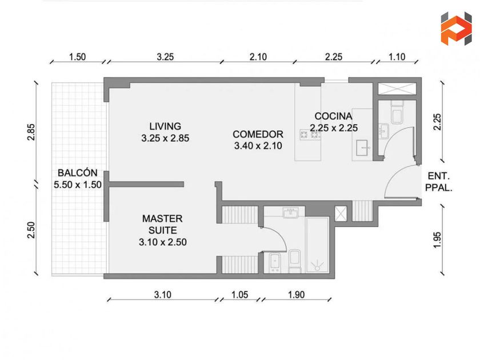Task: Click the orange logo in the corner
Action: [456, 29]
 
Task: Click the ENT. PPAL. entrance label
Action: [439, 182]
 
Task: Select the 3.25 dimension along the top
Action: [165, 57]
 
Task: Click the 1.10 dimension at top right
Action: [397, 57]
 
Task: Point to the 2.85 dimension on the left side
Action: [31, 132]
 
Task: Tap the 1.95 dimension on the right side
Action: [438, 240]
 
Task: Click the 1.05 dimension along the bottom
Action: [239, 295]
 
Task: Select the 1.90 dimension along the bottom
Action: [297, 295]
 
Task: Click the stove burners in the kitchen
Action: [310, 135]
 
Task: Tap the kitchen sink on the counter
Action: [363, 148]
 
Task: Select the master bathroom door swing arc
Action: [279, 235]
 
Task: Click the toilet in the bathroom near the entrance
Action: [397, 113]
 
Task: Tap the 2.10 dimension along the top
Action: [258, 57]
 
